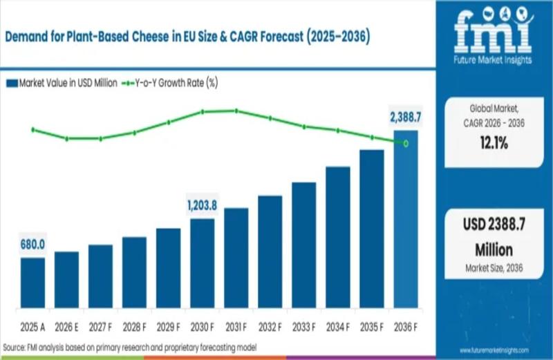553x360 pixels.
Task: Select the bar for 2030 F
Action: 203,263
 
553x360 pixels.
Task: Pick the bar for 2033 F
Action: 304,245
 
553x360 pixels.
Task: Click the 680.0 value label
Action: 32,244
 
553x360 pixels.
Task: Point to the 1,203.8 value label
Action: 203,205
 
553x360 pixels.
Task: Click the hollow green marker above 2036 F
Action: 406,144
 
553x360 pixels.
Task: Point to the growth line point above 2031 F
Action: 236,111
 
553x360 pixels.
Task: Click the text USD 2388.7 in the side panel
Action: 494,226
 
